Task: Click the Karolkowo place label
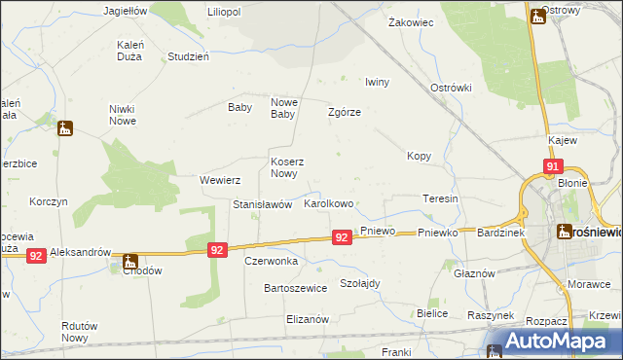tap(328, 205)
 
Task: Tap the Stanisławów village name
tap(262, 205)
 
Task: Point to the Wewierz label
tap(219, 180)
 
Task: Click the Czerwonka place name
tap(271, 261)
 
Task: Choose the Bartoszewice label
tap(295, 288)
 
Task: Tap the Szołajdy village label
tap(359, 283)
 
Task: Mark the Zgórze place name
tap(345, 112)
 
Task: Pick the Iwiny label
tap(377, 82)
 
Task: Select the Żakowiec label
tap(410, 21)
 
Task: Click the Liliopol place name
tap(223, 11)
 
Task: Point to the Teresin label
tap(440, 198)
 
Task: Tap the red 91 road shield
tap(552, 167)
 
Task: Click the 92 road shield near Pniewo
tap(341, 236)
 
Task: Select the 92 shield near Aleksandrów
tap(36, 255)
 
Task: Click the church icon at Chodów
tap(129, 261)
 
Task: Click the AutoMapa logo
tap(551, 342)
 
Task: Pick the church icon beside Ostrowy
tap(537, 17)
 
